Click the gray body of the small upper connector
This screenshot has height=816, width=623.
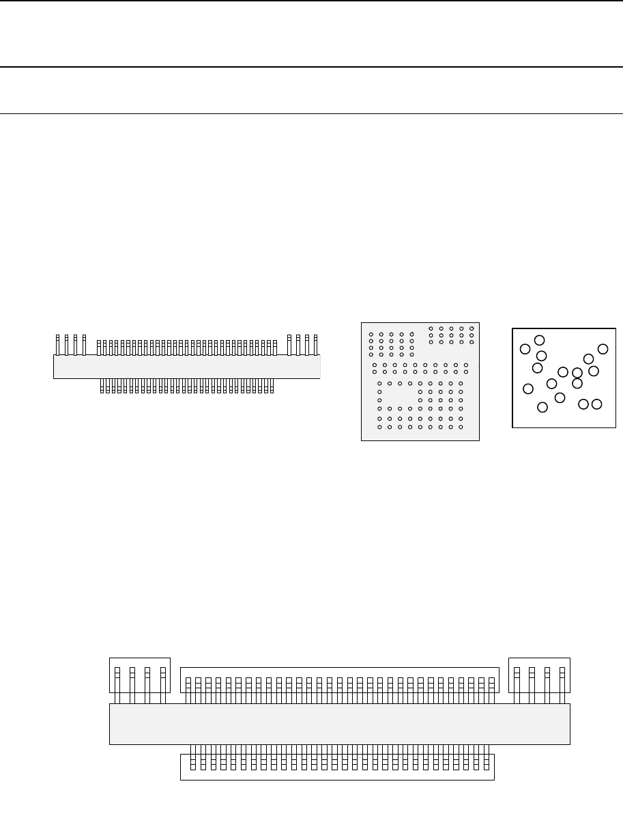186,367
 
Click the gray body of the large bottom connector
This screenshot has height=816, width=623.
339,724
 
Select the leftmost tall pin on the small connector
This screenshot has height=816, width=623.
57,345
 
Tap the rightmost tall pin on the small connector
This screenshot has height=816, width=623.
316,345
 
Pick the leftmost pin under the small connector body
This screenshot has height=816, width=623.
102,386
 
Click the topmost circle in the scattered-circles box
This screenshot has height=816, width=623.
539,340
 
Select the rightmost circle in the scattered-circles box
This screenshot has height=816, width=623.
603,349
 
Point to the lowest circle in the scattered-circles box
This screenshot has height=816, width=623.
542,408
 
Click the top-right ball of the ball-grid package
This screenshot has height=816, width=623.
472,328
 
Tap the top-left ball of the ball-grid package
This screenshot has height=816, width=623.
371,335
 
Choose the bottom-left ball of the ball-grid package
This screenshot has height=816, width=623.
379,427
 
